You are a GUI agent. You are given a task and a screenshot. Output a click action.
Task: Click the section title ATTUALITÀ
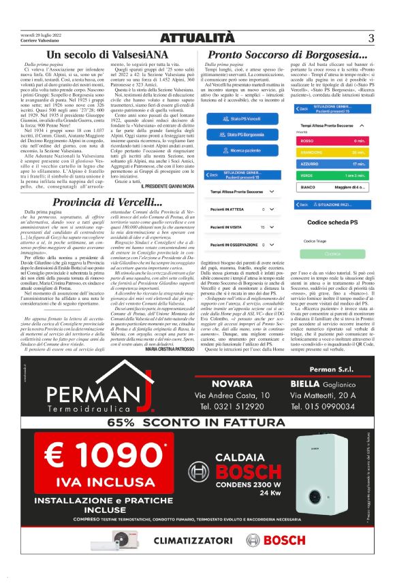[197, 38]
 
